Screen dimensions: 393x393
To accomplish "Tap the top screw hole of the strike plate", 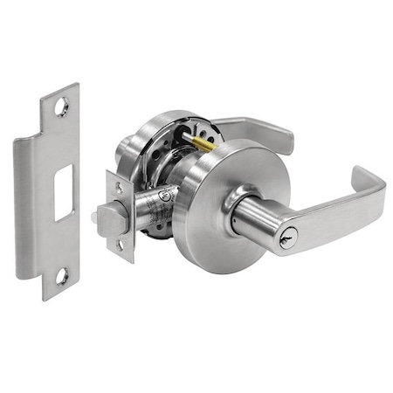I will (62, 107).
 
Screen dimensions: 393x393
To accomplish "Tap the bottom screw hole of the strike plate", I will (62, 277).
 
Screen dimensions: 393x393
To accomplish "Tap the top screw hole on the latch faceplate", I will (117, 188).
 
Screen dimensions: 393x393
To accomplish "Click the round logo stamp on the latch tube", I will (165, 200).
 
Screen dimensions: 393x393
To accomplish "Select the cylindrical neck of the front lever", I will (253, 219).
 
